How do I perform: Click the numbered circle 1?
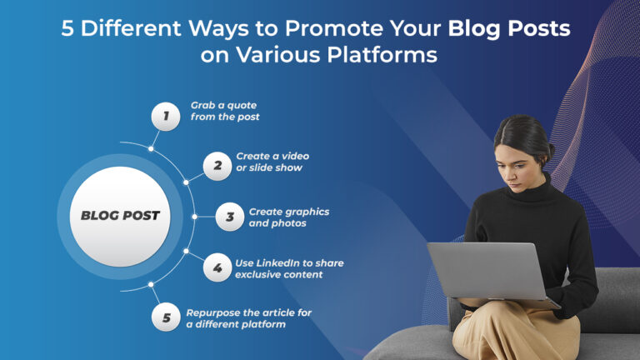point(165,116)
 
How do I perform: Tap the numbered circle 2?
point(217,165)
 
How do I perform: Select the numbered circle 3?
point(229,217)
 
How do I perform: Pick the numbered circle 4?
point(217,268)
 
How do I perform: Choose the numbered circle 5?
point(166,317)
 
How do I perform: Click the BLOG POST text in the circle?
point(120,216)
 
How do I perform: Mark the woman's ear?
point(541,155)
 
